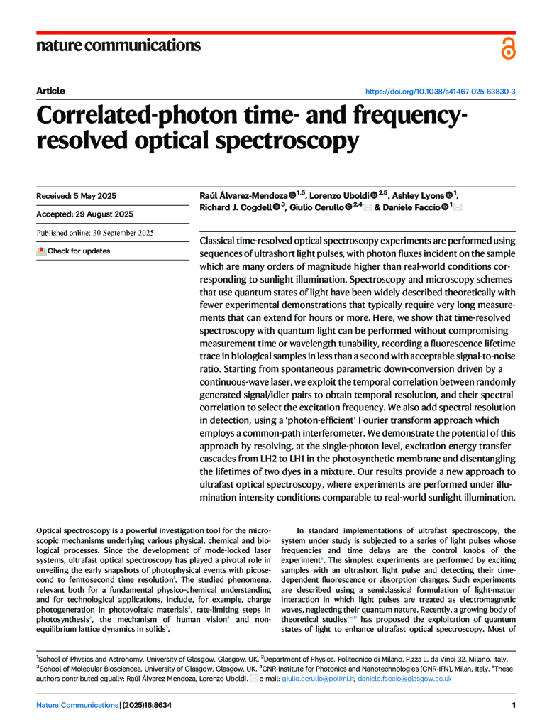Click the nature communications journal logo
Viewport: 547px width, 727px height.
click(x=118, y=46)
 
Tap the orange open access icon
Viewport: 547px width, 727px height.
click(x=508, y=48)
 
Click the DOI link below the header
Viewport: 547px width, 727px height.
click(x=440, y=92)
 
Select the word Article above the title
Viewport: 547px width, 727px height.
click(x=50, y=91)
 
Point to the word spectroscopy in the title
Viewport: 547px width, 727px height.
click(x=287, y=142)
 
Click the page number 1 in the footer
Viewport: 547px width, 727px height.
click(x=512, y=705)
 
